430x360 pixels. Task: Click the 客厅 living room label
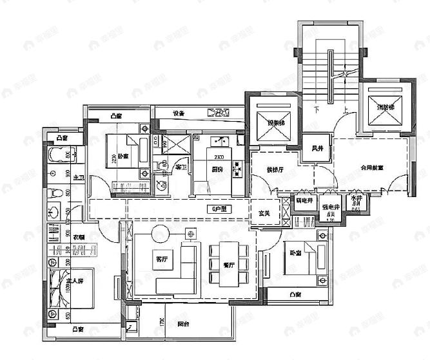pos(161,259)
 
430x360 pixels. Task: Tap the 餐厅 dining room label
pos(228,264)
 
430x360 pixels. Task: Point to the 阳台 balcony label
pos(183,325)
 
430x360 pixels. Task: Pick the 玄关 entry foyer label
pos(264,213)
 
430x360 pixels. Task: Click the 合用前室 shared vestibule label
pos(371,167)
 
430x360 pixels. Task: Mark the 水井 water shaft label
pos(355,200)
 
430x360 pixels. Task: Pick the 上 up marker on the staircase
pos(346,110)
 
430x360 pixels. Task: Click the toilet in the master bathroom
pos(57,192)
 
